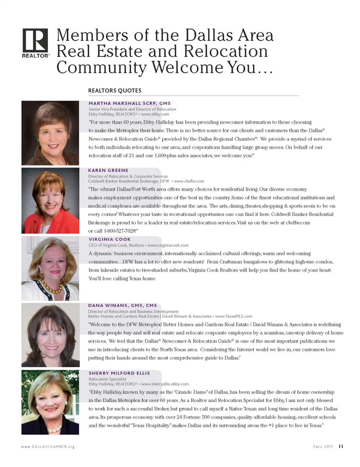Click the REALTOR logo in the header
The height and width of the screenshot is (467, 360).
[x=35, y=43]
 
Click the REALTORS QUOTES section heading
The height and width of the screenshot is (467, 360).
[x=115, y=90]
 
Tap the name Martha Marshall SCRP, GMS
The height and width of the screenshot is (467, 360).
[x=129, y=103]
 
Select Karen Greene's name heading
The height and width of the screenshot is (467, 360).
[x=108, y=170]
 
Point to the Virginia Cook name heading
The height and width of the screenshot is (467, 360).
[x=109, y=239]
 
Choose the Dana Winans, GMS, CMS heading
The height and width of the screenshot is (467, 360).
[x=122, y=305]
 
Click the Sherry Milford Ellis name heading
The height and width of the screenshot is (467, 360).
[x=119, y=373]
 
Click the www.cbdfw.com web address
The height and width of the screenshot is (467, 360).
[x=189, y=181]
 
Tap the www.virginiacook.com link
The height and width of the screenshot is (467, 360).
[x=168, y=245]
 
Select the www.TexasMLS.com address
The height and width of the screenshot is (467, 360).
[x=234, y=316]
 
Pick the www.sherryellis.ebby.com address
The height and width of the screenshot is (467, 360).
[x=165, y=384]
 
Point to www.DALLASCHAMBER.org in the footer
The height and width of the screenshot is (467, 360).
[x=48, y=447]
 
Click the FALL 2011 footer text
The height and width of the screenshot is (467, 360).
[x=323, y=447]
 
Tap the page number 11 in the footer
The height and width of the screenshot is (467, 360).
[x=341, y=446]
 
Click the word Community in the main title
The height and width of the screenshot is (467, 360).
[x=102, y=68]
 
